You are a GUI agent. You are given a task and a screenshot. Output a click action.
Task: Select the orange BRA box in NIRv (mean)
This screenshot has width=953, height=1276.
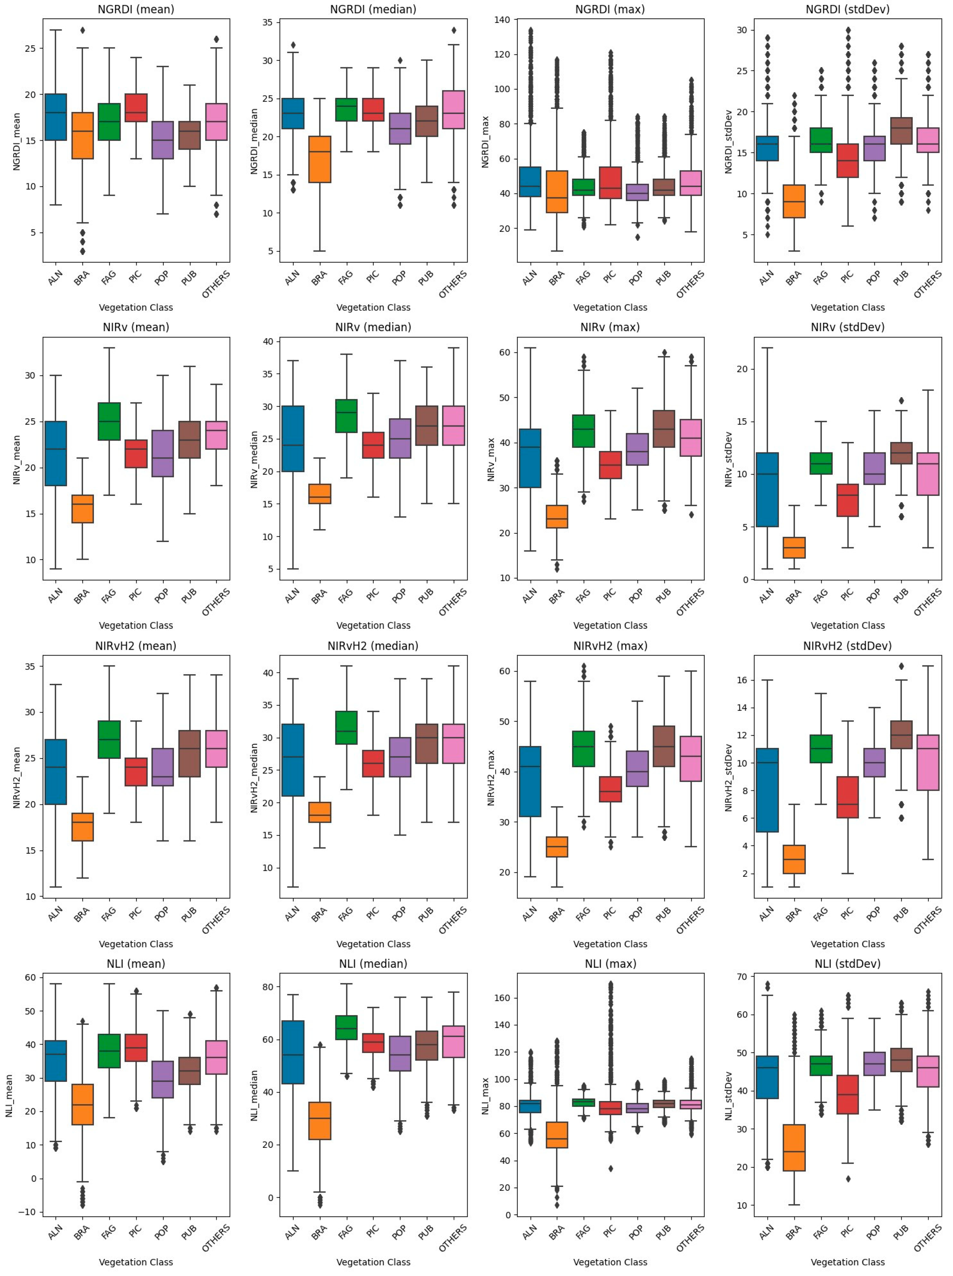coord(82,509)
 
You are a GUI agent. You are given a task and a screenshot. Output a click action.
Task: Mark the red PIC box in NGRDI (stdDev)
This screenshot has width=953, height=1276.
coord(847,160)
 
